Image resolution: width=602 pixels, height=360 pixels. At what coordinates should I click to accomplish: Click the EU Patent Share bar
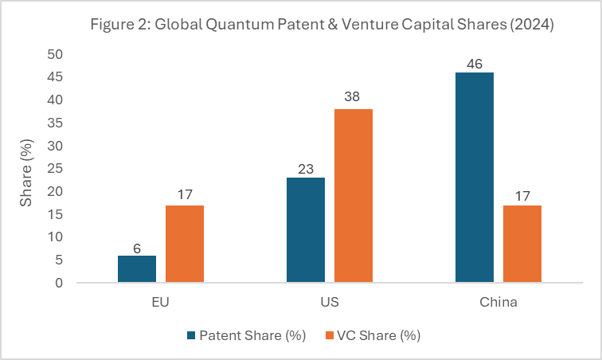[136, 269]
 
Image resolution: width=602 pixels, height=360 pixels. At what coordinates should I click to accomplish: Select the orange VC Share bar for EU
[184, 244]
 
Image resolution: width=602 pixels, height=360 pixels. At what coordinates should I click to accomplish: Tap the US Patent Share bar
[305, 230]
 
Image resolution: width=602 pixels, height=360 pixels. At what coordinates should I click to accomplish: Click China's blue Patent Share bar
[474, 178]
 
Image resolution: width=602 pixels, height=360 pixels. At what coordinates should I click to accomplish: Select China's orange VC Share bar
[522, 244]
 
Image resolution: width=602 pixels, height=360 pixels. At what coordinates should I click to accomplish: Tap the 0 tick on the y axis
[59, 283]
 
